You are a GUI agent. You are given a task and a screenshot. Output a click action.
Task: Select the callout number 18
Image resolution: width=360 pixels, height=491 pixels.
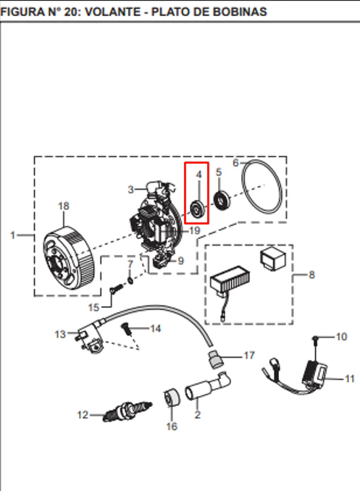pyautogui.click(x=64, y=206)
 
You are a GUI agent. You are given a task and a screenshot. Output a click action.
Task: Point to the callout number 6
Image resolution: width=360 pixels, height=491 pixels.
pyautogui.click(x=235, y=163)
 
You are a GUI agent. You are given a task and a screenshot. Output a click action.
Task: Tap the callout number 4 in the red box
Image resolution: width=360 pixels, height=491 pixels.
pyautogui.click(x=198, y=175)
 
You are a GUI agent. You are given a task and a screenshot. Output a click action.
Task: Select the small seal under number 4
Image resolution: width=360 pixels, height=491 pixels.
pyautogui.click(x=198, y=209)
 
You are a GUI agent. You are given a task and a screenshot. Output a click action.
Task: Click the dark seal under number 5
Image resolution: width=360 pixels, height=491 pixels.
pyautogui.click(x=222, y=200)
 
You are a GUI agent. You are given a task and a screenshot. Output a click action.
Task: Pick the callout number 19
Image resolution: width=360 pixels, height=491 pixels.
pyautogui.click(x=195, y=231)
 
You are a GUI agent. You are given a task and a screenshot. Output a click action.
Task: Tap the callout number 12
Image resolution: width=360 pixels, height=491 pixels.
pyautogui.click(x=83, y=415)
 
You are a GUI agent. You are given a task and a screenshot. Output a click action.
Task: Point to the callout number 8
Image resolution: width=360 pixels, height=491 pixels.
pyautogui.click(x=311, y=275)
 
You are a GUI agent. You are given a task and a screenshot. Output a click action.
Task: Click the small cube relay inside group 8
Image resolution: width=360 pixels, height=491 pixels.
pyautogui.click(x=273, y=259)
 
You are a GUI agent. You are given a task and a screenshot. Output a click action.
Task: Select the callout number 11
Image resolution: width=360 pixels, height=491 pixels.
pyautogui.click(x=349, y=379)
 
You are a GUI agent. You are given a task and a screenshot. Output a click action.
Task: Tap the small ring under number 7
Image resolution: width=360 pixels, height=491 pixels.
pyautogui.click(x=130, y=280)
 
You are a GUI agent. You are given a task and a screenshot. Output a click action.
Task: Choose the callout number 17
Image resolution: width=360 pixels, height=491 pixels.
pyautogui.click(x=249, y=356)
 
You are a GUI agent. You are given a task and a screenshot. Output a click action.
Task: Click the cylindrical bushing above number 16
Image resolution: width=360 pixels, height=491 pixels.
pyautogui.click(x=172, y=398)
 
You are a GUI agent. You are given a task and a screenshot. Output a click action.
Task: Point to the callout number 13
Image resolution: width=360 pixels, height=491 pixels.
pyautogui.click(x=60, y=335)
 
